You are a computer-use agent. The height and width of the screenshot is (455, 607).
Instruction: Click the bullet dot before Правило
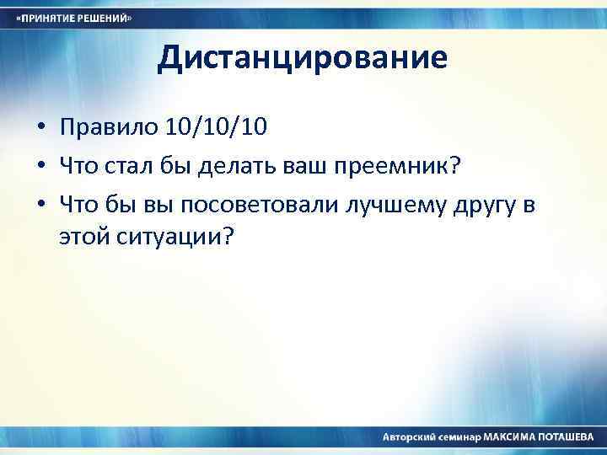click(40, 129)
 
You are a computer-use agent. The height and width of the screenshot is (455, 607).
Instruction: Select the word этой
click(84, 238)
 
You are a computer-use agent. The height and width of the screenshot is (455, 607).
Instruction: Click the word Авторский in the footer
click(408, 437)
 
